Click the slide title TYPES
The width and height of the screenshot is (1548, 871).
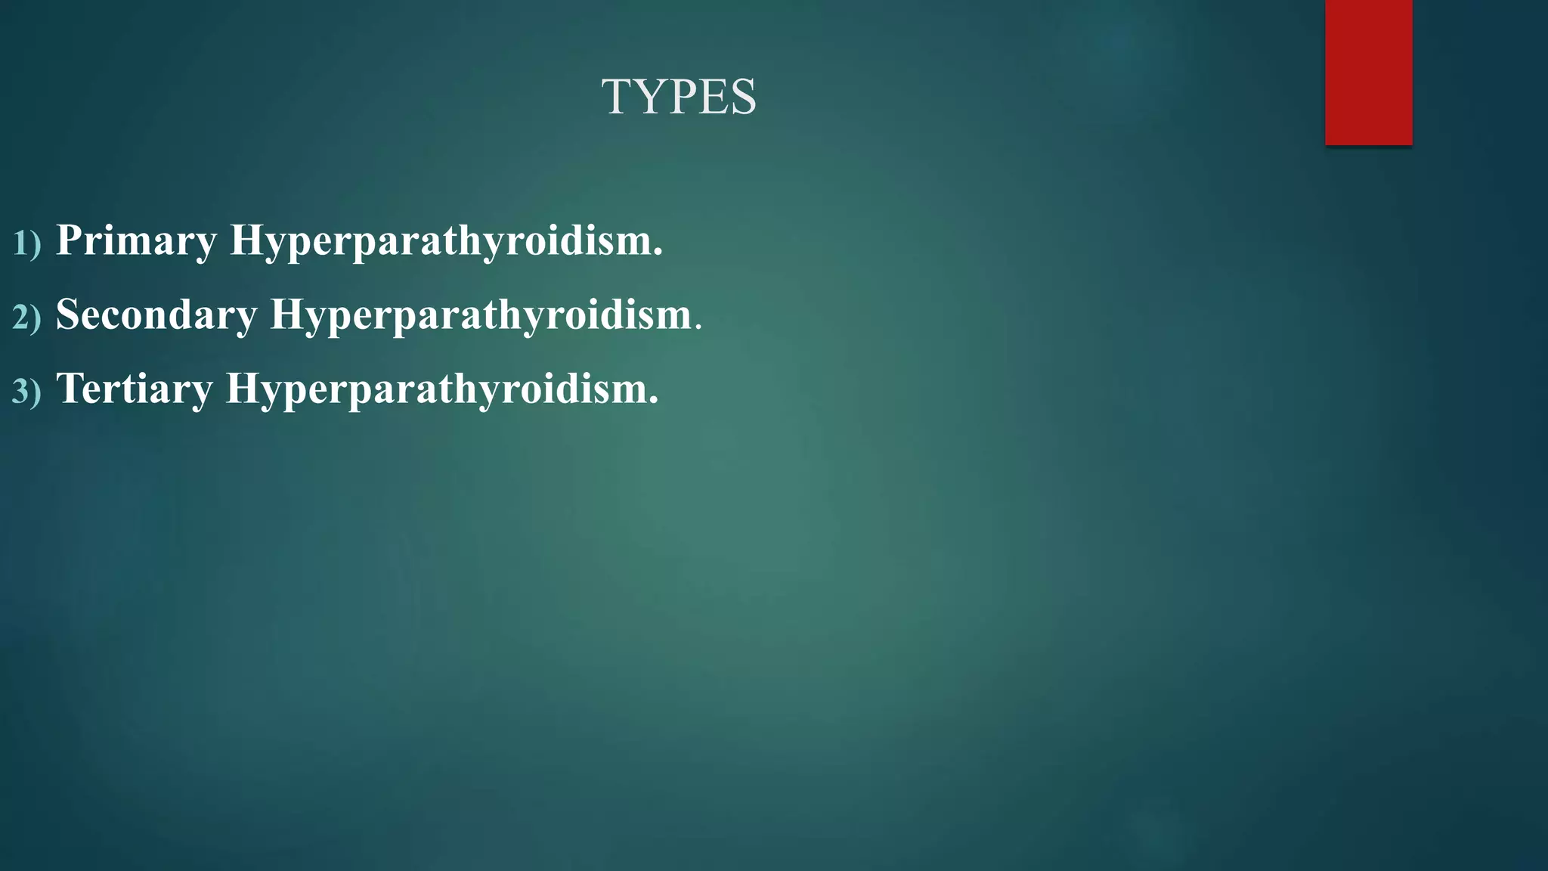point(679,97)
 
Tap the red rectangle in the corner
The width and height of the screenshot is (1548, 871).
point(1368,72)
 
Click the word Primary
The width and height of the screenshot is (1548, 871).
point(137,240)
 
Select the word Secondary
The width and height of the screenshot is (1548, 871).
point(156,314)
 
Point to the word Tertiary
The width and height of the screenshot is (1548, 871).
point(135,389)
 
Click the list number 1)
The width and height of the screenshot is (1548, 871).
point(26,243)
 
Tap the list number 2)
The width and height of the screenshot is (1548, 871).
point(26,317)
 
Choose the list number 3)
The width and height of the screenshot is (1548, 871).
point(26,392)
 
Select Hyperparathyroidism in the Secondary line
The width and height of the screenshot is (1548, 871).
point(481,314)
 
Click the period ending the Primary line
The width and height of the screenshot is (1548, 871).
point(658,253)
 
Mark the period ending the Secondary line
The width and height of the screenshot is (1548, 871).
point(698,327)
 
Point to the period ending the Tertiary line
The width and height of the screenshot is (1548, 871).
point(654,401)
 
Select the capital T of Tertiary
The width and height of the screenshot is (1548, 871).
point(70,388)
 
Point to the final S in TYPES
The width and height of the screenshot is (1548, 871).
point(742,97)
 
